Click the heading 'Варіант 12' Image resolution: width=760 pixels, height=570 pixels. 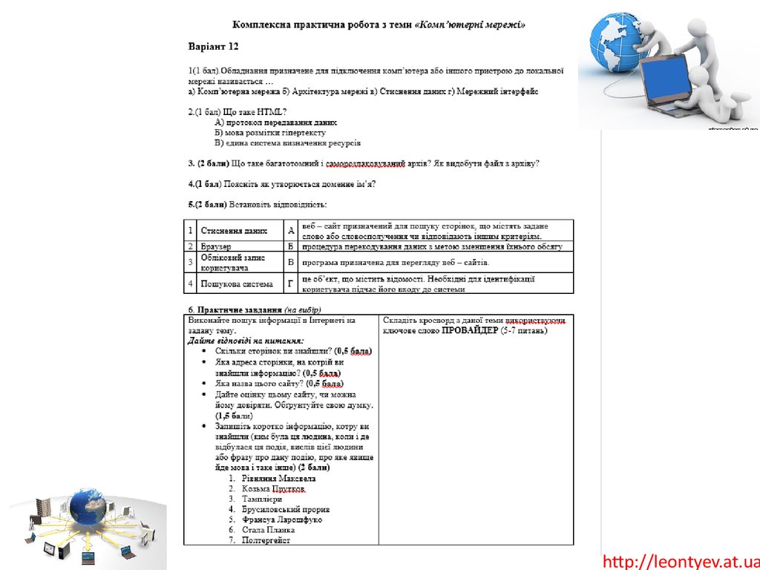click(213, 46)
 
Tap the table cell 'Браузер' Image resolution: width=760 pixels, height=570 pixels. click(216, 246)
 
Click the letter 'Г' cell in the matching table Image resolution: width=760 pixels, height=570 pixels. click(291, 284)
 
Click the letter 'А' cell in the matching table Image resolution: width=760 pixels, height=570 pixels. click(291, 231)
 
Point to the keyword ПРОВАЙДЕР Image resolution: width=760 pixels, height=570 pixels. click(470, 330)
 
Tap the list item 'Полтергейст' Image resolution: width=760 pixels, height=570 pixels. click(266, 540)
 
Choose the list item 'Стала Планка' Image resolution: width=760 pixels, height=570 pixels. click(268, 530)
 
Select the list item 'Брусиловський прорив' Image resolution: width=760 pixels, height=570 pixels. click(285, 510)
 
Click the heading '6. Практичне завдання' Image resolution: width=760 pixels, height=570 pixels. click(235, 309)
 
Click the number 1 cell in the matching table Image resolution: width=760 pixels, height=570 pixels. click(191, 231)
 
